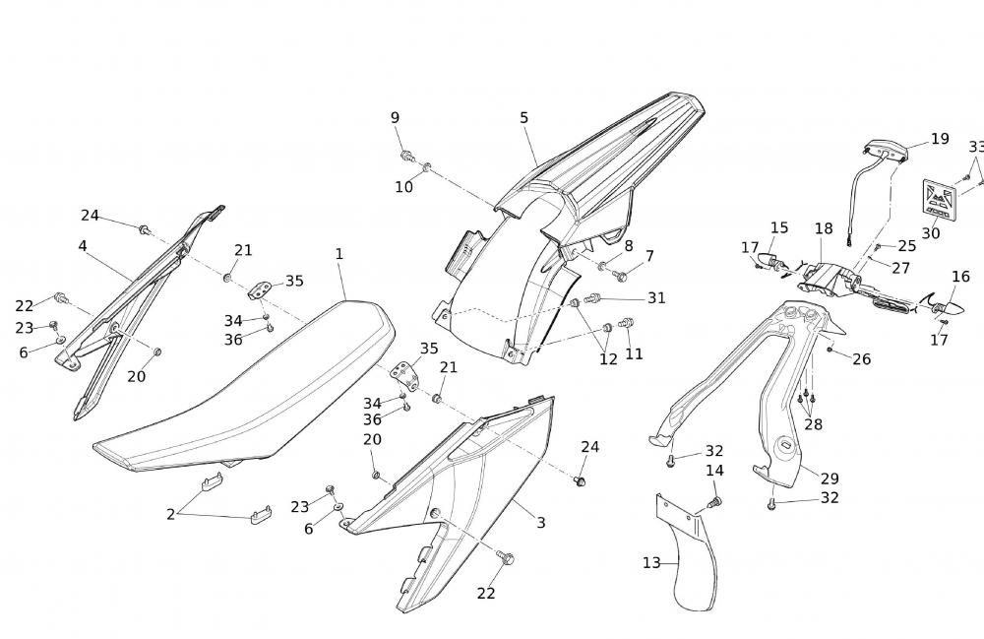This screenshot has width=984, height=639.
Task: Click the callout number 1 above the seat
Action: pyautogui.click(x=338, y=254)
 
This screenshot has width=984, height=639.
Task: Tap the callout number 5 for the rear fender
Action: pyautogui.click(x=524, y=118)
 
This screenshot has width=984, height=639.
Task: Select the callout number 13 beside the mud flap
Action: pyautogui.click(x=651, y=563)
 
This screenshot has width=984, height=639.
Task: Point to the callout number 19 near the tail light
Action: pyautogui.click(x=940, y=139)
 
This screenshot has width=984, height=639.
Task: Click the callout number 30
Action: pyautogui.click(x=930, y=233)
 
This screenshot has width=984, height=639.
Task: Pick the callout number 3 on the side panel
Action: pyautogui.click(x=540, y=522)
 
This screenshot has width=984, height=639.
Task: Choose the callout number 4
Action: pyautogui.click(x=83, y=246)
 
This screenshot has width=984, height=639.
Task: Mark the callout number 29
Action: pyautogui.click(x=830, y=479)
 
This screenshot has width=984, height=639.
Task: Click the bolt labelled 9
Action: pyautogui.click(x=406, y=156)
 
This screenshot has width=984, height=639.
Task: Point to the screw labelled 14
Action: pyautogui.click(x=715, y=503)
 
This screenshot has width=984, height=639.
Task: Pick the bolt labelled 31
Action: pyautogui.click(x=592, y=297)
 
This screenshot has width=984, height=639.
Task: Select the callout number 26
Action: pyautogui.click(x=861, y=359)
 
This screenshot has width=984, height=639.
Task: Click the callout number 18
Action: pyautogui.click(x=824, y=228)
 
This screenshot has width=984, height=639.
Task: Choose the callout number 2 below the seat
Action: pyautogui.click(x=170, y=514)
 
